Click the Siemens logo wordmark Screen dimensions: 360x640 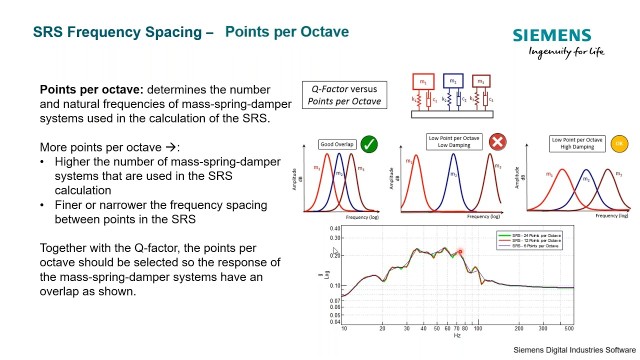click(x=552, y=35)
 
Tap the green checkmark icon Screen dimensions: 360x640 click(x=369, y=144)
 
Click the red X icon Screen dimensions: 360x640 click(x=497, y=142)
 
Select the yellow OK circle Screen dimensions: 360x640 click(x=619, y=143)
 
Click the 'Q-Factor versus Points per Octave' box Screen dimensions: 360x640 click(x=344, y=95)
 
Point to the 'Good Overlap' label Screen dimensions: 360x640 click(x=337, y=144)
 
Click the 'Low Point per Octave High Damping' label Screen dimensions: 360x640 click(x=577, y=143)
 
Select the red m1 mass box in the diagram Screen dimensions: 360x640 click(x=423, y=82)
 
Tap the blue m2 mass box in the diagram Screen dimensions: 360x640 click(x=453, y=81)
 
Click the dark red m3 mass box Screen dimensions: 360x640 click(x=481, y=81)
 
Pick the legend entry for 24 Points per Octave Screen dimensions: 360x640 click(x=536, y=235)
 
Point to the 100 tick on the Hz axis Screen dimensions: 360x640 click(x=478, y=328)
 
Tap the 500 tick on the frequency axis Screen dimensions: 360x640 click(x=569, y=328)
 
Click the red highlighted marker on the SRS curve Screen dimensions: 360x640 click(x=460, y=251)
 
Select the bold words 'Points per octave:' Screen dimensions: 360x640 click(x=91, y=90)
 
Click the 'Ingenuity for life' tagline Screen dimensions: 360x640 click(x=566, y=51)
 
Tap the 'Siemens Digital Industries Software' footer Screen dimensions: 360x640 click(x=574, y=350)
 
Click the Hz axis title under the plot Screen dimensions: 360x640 click(x=457, y=335)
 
